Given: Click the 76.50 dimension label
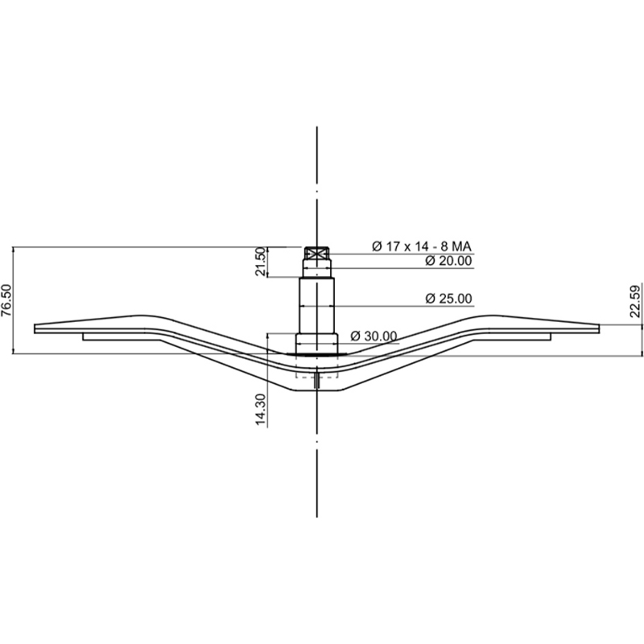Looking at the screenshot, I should (x=7, y=301).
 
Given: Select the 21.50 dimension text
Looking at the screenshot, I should (x=260, y=262).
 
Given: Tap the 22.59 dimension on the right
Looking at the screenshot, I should (x=635, y=302).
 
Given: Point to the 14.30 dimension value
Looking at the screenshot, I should (x=260, y=408).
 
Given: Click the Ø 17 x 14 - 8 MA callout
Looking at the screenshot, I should (x=422, y=246).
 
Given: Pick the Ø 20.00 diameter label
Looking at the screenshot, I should (x=448, y=261).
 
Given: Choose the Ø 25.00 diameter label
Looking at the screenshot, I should (x=448, y=299).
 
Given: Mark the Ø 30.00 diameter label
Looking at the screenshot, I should (x=374, y=336).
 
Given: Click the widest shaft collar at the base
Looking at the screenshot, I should (x=319, y=346).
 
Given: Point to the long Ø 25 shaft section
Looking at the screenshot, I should (x=319, y=306).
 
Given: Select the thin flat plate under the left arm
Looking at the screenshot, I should (x=121, y=337).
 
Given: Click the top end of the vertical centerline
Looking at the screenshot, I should (x=319, y=129).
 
